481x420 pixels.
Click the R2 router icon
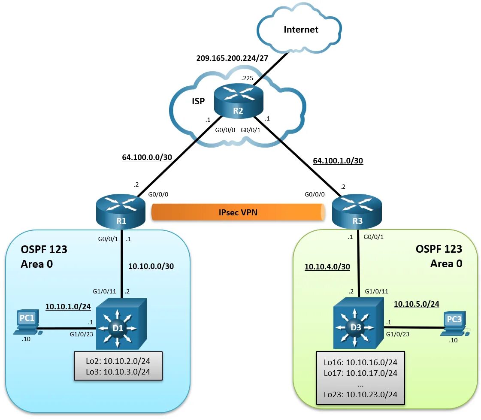point(238,101)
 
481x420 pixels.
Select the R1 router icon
point(121,212)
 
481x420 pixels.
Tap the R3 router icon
point(357,212)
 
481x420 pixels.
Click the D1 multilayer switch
point(121,323)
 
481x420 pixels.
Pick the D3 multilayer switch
point(359,323)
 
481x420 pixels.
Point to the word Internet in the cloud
point(301,30)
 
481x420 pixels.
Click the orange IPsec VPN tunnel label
point(238,212)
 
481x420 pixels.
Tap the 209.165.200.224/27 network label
point(232,58)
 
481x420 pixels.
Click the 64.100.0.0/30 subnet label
point(147,157)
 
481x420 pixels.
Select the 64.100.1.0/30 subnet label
point(338,160)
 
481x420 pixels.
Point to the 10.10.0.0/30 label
point(151,266)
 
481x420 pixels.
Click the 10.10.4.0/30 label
point(327,266)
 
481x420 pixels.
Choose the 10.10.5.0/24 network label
point(417,304)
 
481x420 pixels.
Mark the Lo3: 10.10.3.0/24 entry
point(118,372)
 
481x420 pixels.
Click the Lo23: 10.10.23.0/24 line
point(360,394)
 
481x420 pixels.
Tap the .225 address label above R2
point(247,78)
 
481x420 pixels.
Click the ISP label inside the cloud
point(198,101)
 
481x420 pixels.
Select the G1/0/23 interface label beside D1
point(81,334)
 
